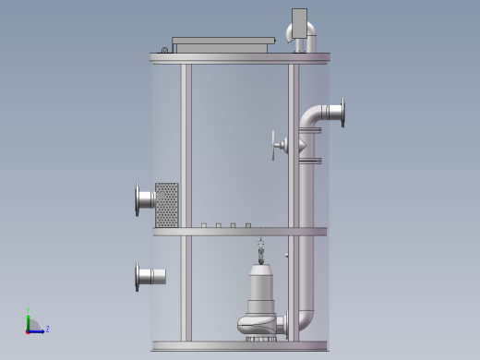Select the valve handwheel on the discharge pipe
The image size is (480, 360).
click(274, 145)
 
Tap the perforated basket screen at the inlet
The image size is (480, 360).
click(167, 204)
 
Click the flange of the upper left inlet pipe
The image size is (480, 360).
click(138, 198)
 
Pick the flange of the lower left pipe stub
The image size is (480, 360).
click(138, 276)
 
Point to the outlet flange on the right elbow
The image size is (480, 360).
click(342, 113)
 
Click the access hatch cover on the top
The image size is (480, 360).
click(223, 43)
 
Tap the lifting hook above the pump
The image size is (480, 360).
click(260, 247)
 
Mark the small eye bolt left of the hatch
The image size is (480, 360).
click(164, 50)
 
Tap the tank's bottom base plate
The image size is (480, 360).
click(240, 346)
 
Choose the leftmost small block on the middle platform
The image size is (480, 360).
click(203, 225)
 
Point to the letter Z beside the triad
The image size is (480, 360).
click(47, 329)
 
